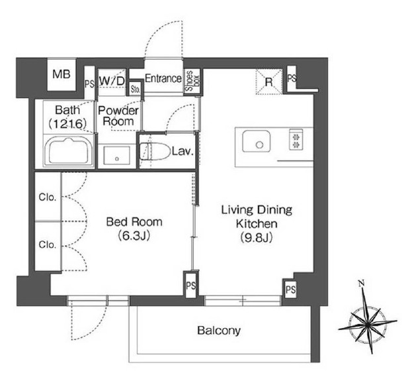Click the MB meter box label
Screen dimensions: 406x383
pos(61,74)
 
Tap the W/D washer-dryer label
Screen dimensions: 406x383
pos(112,82)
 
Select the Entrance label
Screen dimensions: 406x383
pos(163,78)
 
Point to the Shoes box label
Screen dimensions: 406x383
pos(192,81)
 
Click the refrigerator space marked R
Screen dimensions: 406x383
pos(269,82)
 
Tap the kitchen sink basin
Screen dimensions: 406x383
pos(256,141)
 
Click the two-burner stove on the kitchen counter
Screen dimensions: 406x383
pos(296,140)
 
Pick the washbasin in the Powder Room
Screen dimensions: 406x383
pos(117,156)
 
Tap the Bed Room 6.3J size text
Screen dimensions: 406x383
pos(134,236)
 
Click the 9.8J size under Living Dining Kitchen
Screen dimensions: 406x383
pos(257,237)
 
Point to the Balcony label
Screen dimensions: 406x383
pos(219,331)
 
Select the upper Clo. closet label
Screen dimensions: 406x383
pos(48,197)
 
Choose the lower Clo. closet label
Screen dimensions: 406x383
pos(48,245)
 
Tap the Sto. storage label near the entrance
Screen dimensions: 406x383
pos(135,89)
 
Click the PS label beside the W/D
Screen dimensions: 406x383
pos(89,83)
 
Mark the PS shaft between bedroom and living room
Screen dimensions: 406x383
pos(191,286)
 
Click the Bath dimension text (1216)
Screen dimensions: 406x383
pos(67,124)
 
